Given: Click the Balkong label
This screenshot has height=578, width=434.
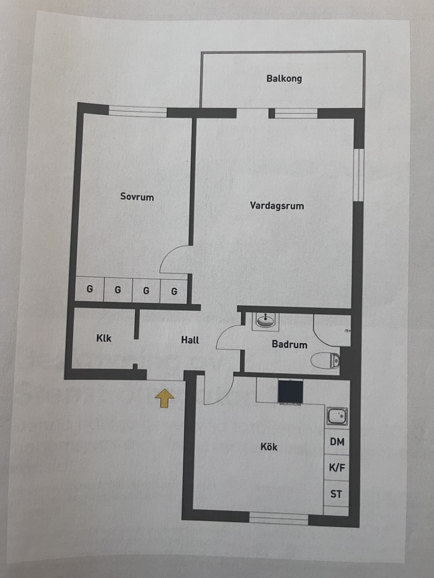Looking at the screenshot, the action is (x=284, y=78).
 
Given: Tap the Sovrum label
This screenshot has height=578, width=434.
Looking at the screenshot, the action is (x=137, y=197).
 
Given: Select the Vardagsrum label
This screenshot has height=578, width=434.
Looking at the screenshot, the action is (x=277, y=206).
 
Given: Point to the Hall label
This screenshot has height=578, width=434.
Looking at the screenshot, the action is (x=190, y=340).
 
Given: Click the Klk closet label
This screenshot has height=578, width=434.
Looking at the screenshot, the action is (x=104, y=338).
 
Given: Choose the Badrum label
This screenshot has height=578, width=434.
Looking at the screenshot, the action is (x=290, y=344).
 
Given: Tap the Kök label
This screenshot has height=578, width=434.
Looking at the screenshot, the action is (x=269, y=447).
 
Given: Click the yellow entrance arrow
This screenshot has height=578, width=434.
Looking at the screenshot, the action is (x=165, y=398).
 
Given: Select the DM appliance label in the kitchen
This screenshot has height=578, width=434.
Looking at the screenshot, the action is (x=337, y=442).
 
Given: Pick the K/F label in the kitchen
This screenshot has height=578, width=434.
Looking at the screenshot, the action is (x=337, y=468).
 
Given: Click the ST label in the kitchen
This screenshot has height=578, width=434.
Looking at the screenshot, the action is (x=336, y=494).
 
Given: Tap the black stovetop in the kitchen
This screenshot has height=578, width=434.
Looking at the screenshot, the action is (x=290, y=392).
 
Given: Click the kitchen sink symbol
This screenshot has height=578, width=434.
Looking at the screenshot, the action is (x=337, y=416).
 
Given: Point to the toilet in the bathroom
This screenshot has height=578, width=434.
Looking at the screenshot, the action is (x=325, y=361).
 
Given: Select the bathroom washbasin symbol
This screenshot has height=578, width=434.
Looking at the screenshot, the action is (x=265, y=320).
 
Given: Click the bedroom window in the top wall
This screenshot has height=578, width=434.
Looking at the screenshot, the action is (x=138, y=111).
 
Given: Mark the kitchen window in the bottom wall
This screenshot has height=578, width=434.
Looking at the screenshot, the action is (x=279, y=519).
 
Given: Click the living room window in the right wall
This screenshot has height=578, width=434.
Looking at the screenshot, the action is (x=359, y=175).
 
